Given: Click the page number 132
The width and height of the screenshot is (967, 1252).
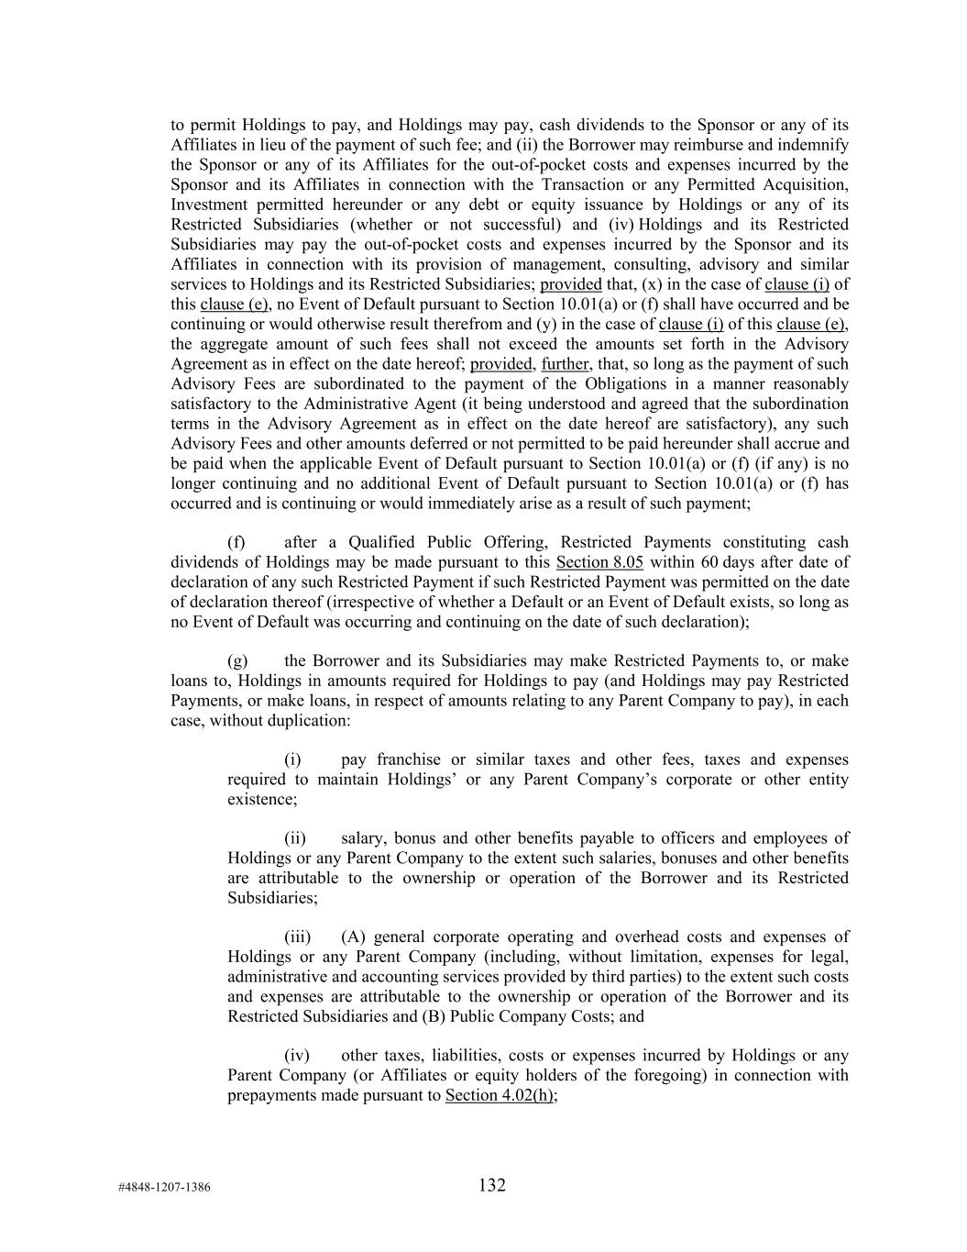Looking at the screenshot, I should tap(491, 1185).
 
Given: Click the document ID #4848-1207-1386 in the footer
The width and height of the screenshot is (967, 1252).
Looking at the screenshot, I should tap(164, 1187).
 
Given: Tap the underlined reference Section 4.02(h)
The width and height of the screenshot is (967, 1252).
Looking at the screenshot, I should tap(500, 1095).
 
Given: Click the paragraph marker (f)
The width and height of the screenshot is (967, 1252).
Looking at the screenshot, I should tap(236, 542).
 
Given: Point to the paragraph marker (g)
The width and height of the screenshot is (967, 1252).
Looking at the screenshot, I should tap(236, 661).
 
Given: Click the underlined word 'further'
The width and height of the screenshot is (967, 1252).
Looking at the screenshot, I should tap(565, 364).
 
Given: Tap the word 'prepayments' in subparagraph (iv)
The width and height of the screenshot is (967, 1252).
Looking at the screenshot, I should tap(269, 1095).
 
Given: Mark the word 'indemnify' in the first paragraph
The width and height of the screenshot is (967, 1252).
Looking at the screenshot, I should tap(817, 145).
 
